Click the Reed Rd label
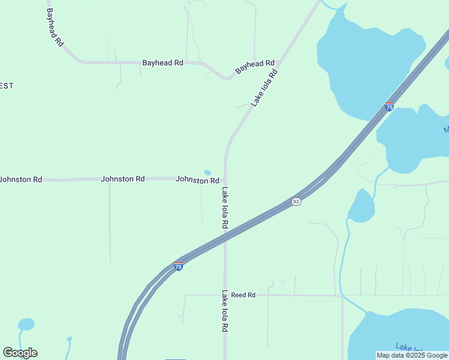pyautogui.click(x=243, y=295)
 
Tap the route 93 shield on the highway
pyautogui.click(x=296, y=202)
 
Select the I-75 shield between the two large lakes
pyautogui.click(x=389, y=107)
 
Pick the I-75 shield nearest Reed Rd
pyautogui.click(x=178, y=266)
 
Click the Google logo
pyautogui.click(x=20, y=353)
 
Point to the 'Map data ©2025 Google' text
pyautogui.click(x=412, y=355)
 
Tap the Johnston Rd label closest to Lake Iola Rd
pyautogui.click(x=197, y=180)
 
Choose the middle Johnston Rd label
pyautogui.click(x=122, y=179)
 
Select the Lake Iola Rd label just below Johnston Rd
pyautogui.click(x=225, y=208)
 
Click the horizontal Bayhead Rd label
pyautogui.click(x=162, y=62)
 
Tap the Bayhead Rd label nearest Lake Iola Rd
pyautogui.click(x=255, y=66)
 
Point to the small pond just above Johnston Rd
pyautogui.click(x=208, y=173)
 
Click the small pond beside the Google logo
pyautogui.click(x=26, y=325)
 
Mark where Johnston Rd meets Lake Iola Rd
pyautogui.click(x=225, y=179)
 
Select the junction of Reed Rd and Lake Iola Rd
pyautogui.click(x=225, y=295)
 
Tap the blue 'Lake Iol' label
pyautogui.click(x=409, y=347)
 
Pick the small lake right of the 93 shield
pyautogui.click(x=361, y=207)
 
